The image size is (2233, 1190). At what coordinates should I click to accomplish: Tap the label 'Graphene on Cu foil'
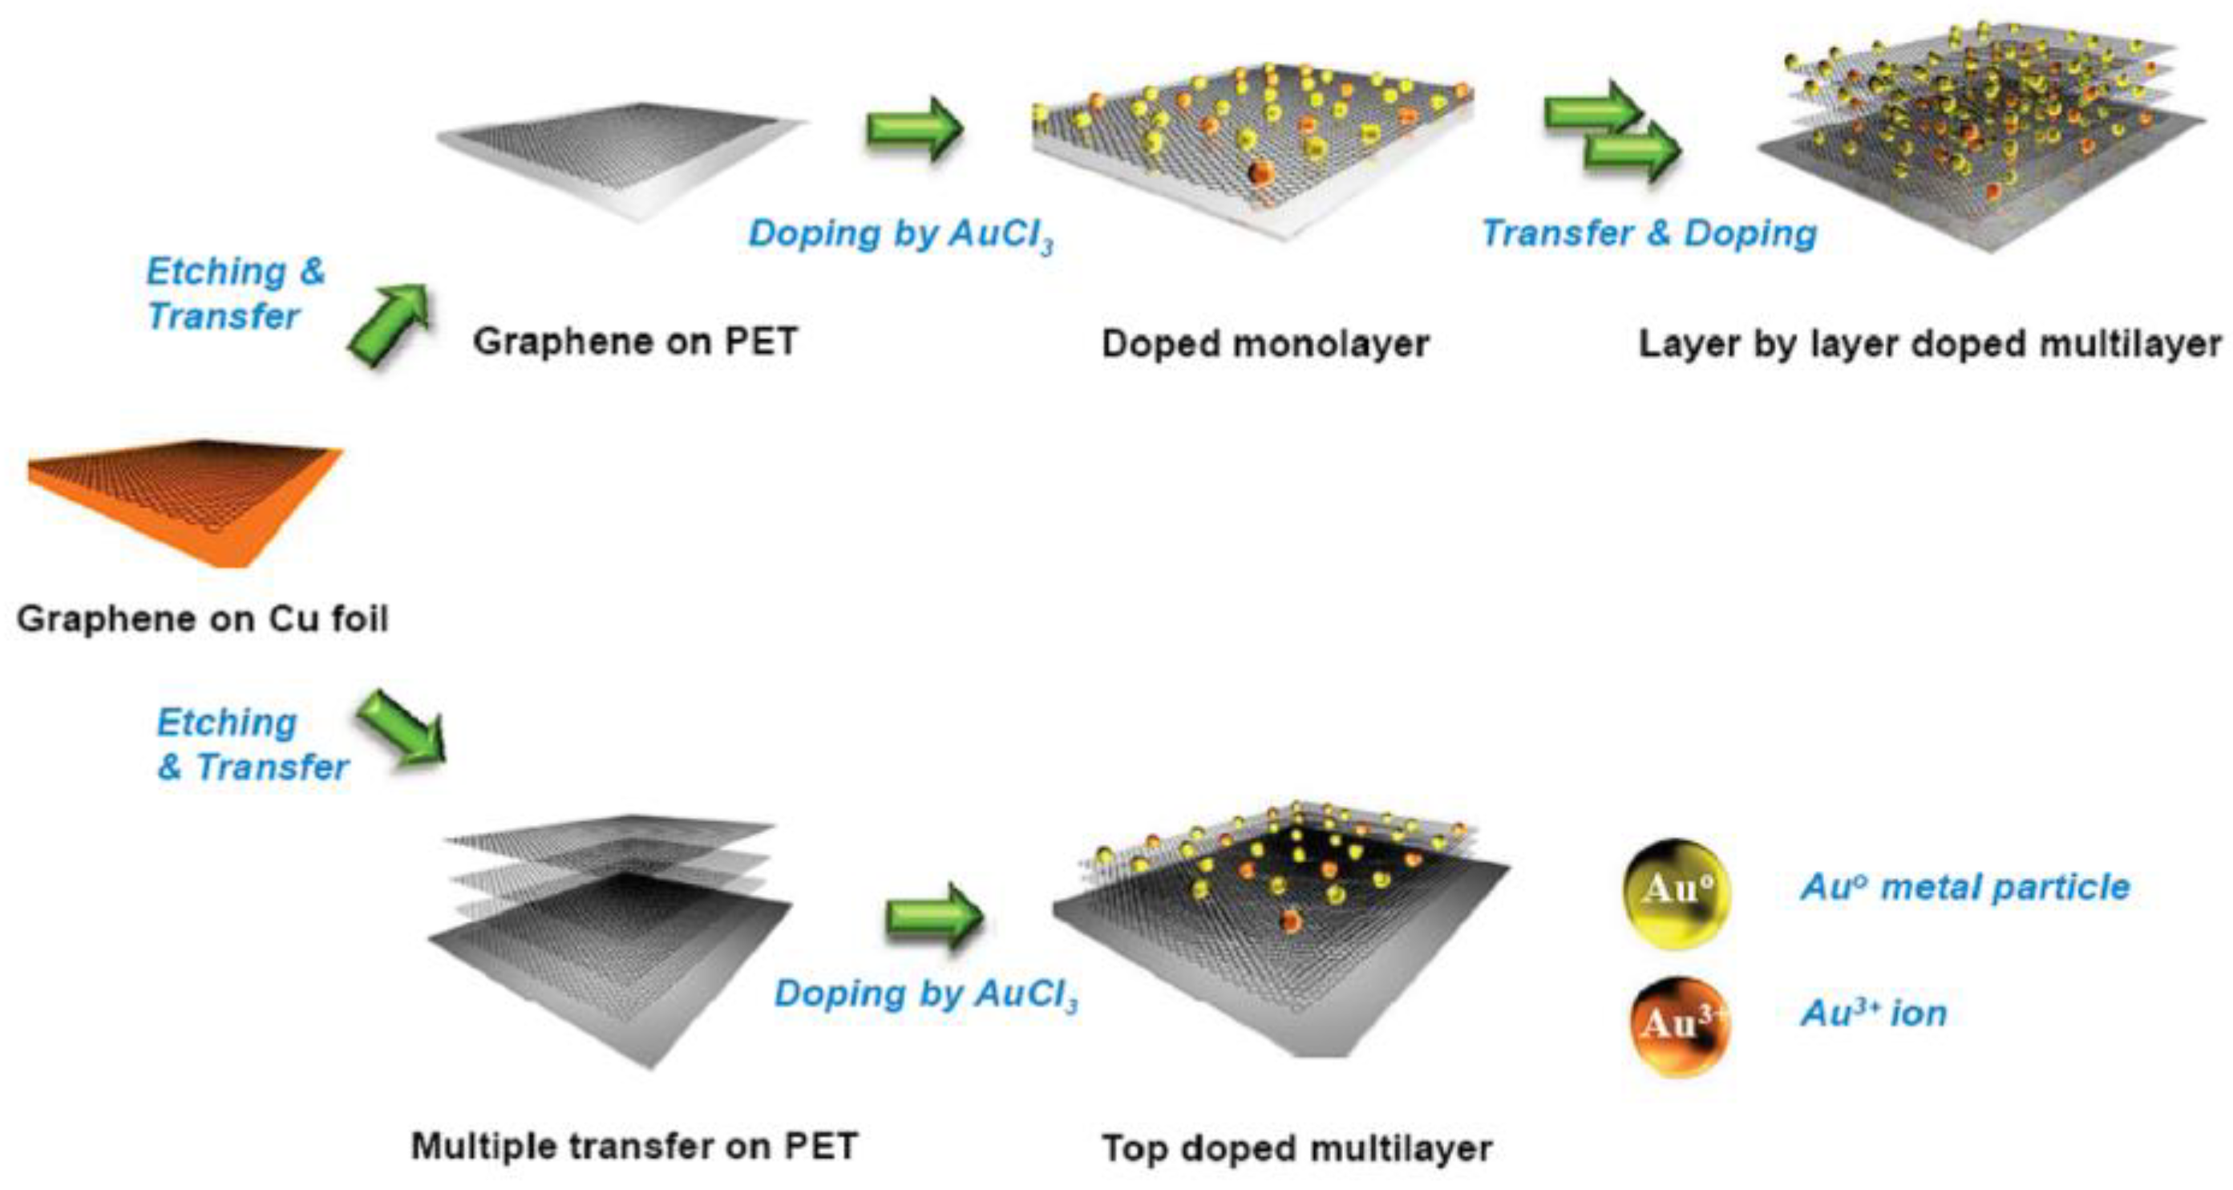coord(202,619)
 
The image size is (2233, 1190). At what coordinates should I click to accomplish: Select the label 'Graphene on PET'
coord(634,342)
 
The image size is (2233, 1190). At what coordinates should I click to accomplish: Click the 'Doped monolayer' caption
coord(1264,344)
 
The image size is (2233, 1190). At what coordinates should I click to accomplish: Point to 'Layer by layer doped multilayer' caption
coord(1930,344)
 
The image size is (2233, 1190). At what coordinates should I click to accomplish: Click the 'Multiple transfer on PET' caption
coord(634,1146)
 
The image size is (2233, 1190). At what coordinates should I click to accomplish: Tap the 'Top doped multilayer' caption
coord(1297,1148)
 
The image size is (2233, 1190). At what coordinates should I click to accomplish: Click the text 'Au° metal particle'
coord(1965,887)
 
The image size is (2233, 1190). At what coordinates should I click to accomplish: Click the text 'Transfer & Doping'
coord(1648,233)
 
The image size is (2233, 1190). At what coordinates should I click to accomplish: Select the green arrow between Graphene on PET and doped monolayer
coord(915,128)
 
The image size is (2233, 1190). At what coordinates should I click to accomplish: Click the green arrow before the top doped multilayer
coord(934,915)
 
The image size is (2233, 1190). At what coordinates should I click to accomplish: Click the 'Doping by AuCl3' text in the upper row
coord(901,234)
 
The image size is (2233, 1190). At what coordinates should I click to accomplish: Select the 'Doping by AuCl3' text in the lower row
coord(926,994)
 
